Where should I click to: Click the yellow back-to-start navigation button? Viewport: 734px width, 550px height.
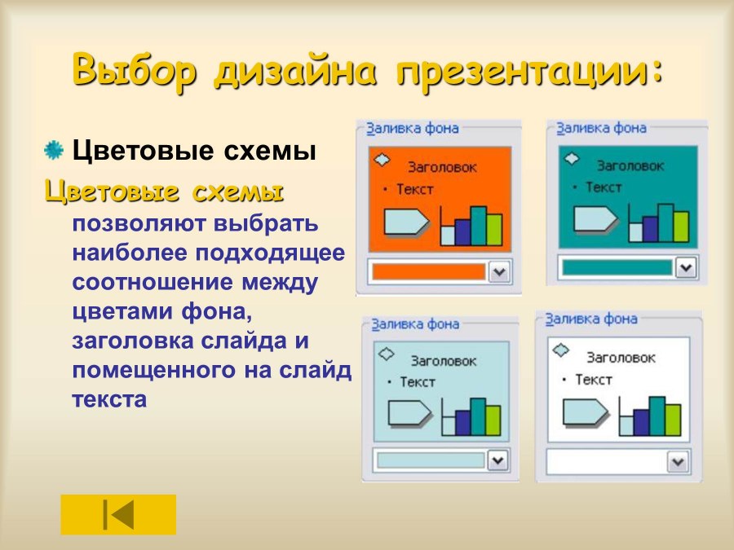coord(118,514)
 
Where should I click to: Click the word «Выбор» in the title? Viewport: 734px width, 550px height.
coord(135,71)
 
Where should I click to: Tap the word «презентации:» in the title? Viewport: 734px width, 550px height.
coord(530,71)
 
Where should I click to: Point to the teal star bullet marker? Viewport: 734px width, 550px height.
coord(53,150)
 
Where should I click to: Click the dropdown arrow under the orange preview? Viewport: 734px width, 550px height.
coord(498,272)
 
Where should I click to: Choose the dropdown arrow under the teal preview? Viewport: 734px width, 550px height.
coord(686,267)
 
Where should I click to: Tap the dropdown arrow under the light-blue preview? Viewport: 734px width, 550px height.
coord(497,460)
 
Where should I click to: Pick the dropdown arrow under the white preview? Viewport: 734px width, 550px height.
coord(678,462)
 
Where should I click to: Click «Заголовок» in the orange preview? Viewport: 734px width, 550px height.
coord(444,167)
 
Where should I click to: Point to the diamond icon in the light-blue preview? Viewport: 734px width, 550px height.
coord(387,354)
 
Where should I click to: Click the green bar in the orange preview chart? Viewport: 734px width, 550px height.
coord(493,229)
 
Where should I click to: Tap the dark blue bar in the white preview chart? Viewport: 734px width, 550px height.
coord(641,421)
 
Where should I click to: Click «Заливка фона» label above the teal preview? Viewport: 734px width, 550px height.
coord(601,128)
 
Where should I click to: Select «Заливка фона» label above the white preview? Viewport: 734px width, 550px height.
coord(590,319)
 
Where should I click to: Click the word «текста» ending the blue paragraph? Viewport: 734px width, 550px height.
coord(109,399)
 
